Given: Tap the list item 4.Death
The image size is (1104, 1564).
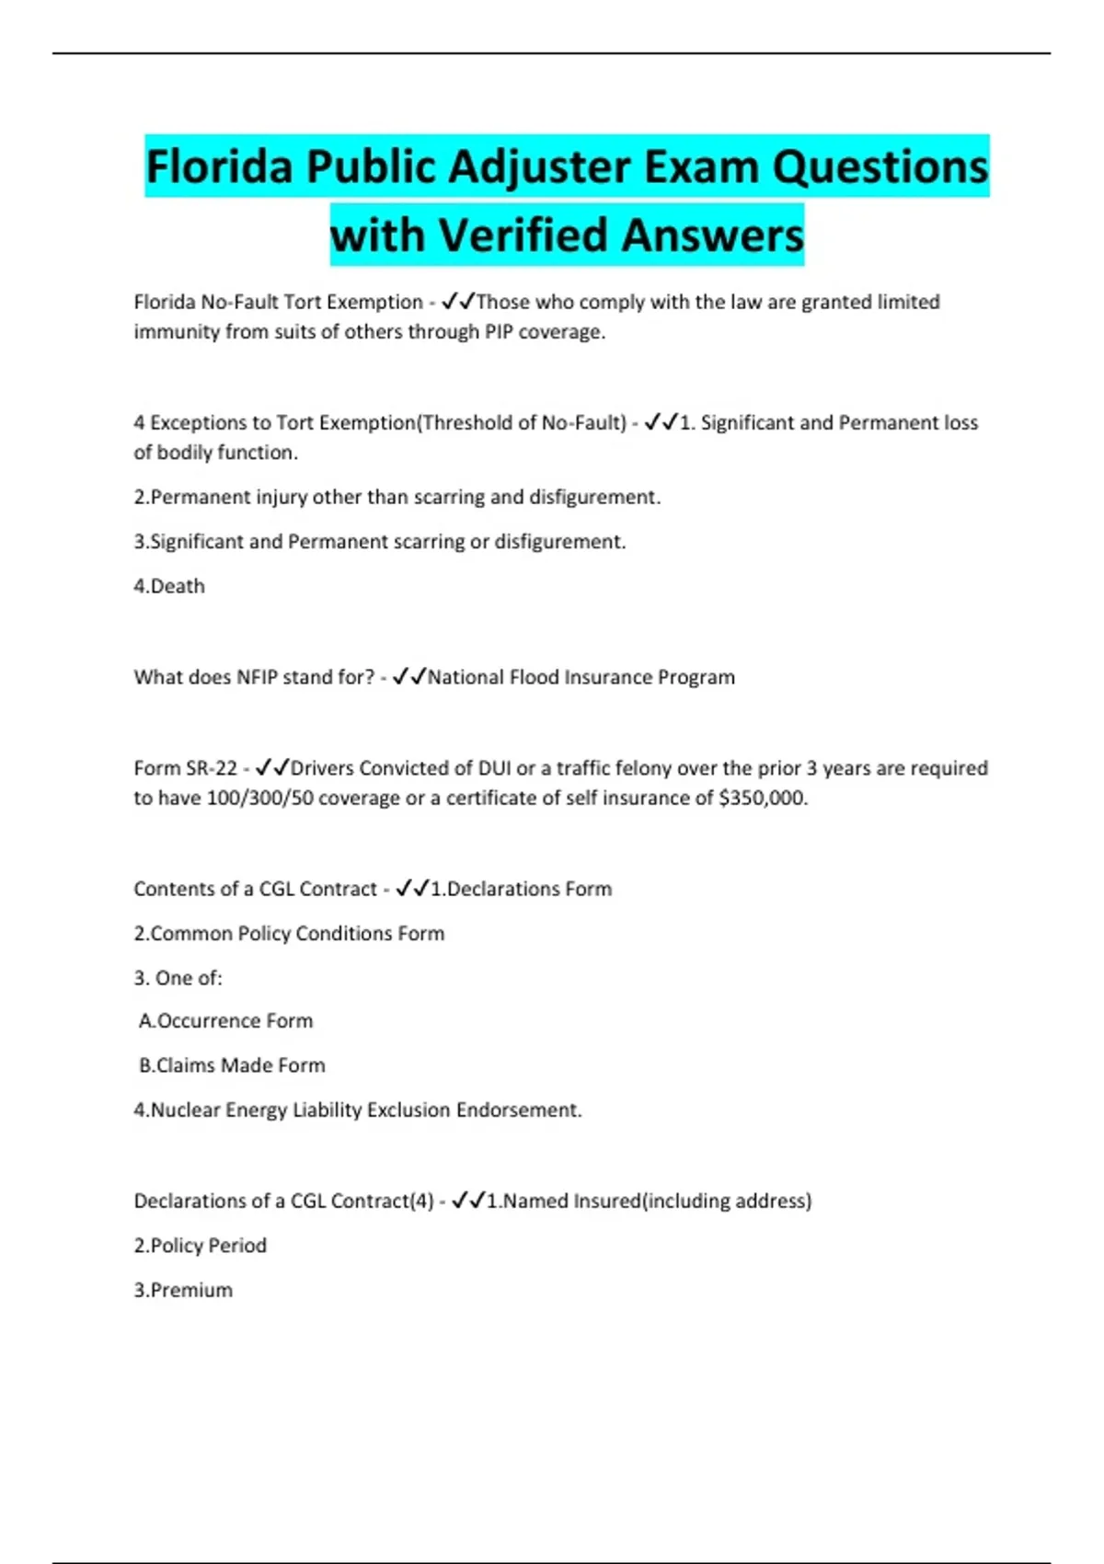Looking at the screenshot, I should pos(169,586).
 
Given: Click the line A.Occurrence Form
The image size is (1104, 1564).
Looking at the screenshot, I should pos(226,1021).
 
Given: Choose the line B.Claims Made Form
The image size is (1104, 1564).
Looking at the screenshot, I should pos(232,1065).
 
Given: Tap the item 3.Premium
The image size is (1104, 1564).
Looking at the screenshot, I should pos(183,1290).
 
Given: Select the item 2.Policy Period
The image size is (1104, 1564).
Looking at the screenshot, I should pos(201,1246).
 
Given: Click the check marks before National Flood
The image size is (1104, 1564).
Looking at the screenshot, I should pos(408,677).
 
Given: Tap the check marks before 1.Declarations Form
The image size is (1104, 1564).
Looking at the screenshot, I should pos(412,889).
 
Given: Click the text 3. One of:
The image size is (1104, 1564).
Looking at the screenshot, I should pos(178,978).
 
